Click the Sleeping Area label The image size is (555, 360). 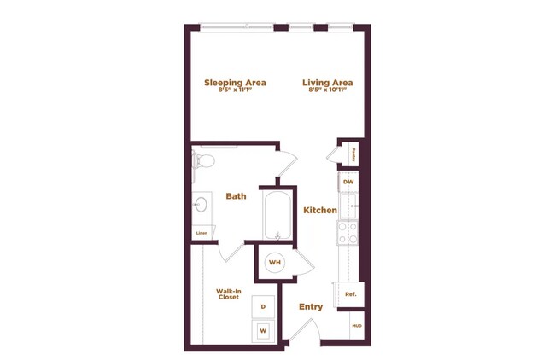click(x=235, y=83)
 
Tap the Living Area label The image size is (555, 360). click(x=327, y=83)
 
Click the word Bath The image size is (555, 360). click(x=236, y=196)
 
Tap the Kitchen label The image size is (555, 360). click(x=319, y=210)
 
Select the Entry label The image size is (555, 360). click(x=310, y=306)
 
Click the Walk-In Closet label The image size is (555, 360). click(x=228, y=294)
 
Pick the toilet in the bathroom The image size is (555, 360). click(x=202, y=160)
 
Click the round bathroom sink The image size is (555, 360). click(x=202, y=205)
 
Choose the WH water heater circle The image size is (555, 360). click(x=275, y=263)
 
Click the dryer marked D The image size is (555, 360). click(x=263, y=305)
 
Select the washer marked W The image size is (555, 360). click(x=263, y=329)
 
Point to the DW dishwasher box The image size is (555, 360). click(x=348, y=182)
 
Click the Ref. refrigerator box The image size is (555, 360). click(x=349, y=294)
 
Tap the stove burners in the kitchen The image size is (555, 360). click(x=348, y=233)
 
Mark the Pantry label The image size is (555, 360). click(x=353, y=154)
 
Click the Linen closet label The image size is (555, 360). click(x=202, y=232)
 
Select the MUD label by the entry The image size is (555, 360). click(x=355, y=325)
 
